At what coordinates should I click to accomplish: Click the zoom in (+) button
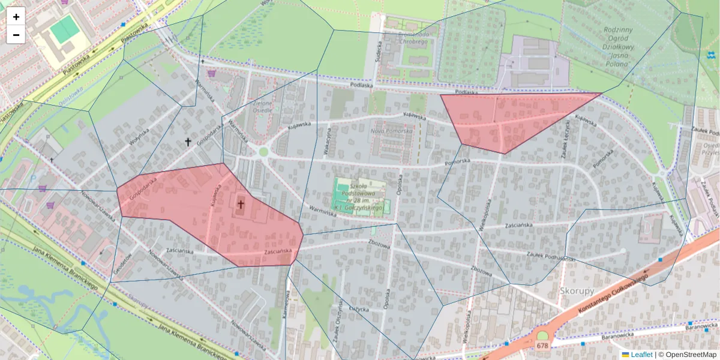[16, 17]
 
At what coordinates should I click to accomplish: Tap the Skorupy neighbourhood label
[577, 290]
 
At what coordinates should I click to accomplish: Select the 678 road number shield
[542, 346]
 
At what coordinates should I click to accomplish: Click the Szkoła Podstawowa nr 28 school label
[359, 196]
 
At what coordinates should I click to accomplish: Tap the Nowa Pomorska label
[391, 131]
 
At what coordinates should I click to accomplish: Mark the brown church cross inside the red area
[241, 205]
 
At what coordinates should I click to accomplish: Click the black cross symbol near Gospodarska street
[188, 142]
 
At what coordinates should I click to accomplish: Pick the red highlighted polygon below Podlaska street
[510, 120]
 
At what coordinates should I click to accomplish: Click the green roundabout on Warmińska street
[263, 152]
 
